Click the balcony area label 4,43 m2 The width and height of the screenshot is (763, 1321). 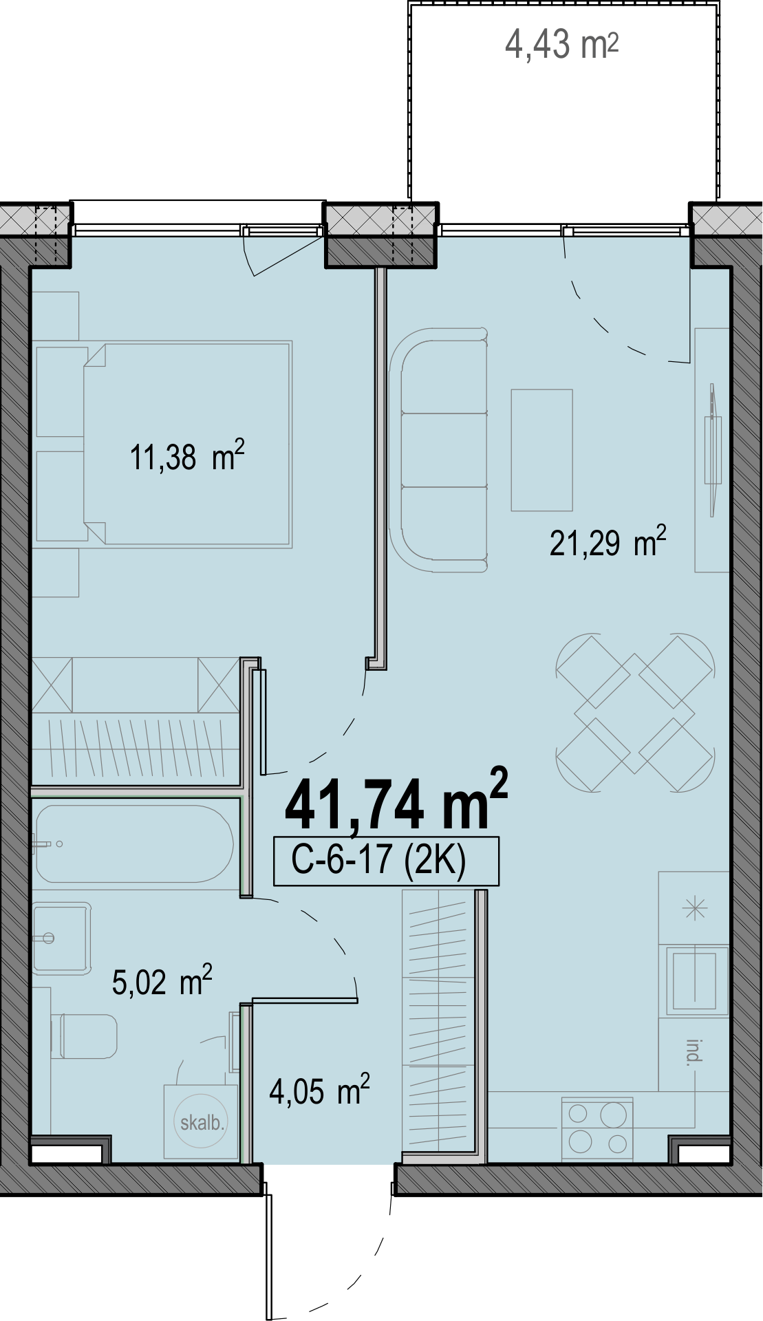561,45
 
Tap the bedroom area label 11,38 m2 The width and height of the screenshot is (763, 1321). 187,456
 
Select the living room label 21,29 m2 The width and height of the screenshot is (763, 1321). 608,542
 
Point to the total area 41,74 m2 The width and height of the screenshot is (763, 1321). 396,801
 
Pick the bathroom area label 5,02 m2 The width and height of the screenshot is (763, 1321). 162,980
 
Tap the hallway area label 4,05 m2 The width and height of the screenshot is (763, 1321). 319,1091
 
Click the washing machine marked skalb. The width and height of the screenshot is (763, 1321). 200,1122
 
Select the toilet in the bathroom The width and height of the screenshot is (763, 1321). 85,1036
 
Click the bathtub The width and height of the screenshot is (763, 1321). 134,844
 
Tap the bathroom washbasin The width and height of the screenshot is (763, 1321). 61,938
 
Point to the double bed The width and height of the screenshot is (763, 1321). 188,444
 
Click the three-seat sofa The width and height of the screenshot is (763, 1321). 439,451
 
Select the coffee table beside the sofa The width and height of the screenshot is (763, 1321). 541,451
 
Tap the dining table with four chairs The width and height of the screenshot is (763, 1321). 635,713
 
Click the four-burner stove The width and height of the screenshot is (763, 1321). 597,1128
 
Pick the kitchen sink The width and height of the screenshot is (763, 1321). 694,980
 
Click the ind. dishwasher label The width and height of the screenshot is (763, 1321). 694,1053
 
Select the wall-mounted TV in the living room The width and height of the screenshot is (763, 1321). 713,450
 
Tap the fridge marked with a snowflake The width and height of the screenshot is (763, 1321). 694,908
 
